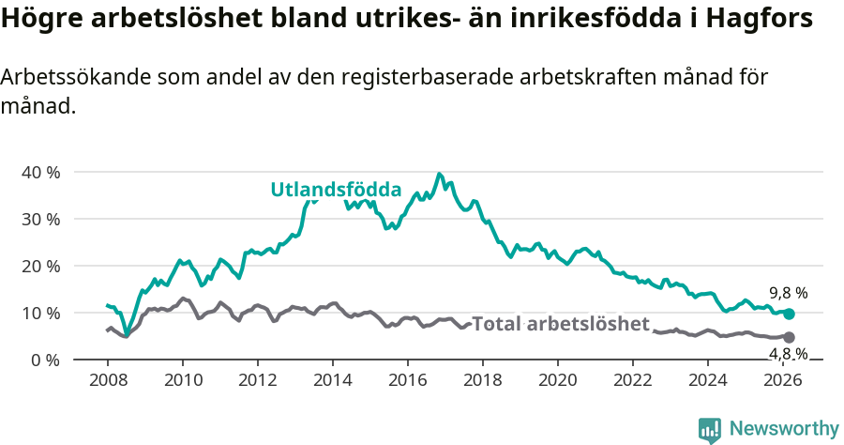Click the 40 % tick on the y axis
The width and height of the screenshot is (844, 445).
tap(40, 172)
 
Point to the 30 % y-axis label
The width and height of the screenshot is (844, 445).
tap(40, 219)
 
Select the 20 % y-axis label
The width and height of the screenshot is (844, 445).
tap(40, 266)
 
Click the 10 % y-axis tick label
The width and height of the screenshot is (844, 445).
tap(40, 313)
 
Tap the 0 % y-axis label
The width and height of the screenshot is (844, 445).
tap(45, 360)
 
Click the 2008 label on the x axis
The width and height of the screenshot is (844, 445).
tap(108, 380)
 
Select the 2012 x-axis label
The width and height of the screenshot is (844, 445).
tap(258, 380)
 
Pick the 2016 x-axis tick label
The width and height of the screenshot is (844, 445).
tap(408, 380)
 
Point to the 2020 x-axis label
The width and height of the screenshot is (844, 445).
tap(558, 380)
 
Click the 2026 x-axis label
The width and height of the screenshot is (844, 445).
tap(783, 380)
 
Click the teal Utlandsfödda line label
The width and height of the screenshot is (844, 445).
tap(336, 189)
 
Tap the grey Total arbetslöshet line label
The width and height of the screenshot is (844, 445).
tap(560, 324)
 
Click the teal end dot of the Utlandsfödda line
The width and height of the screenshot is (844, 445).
tap(789, 314)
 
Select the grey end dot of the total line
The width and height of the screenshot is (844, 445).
tap(789, 337)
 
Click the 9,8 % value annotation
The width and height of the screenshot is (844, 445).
tap(788, 293)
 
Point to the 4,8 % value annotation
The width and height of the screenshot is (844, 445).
tap(788, 354)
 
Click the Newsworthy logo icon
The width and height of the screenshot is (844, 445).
tap(710, 429)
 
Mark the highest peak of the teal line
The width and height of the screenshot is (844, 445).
tap(439, 174)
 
